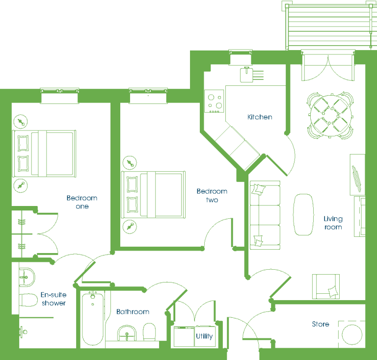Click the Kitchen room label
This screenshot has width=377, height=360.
point(260,117)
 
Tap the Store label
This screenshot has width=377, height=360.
point(321,324)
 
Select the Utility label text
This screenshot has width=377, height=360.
point(204,336)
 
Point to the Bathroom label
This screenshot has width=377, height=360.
point(133,312)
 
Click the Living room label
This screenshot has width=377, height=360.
point(333,223)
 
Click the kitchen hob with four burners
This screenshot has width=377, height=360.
point(214,101)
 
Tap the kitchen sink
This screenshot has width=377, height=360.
point(247,75)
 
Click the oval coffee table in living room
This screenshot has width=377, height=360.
point(303,214)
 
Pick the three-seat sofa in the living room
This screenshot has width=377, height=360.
point(265,215)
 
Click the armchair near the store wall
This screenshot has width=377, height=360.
point(326,286)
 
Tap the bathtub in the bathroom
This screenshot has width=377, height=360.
point(93,318)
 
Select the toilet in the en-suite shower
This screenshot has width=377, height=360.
point(28,300)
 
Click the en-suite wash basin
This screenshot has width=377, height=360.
point(27,277)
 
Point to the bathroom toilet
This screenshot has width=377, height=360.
point(149,332)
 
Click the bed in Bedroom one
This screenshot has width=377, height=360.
point(44,154)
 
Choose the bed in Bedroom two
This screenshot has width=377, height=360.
point(153,195)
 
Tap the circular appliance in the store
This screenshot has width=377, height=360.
point(352,334)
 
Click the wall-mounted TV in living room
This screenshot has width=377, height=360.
point(356,179)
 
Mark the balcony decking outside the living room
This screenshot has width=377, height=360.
point(329,26)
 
